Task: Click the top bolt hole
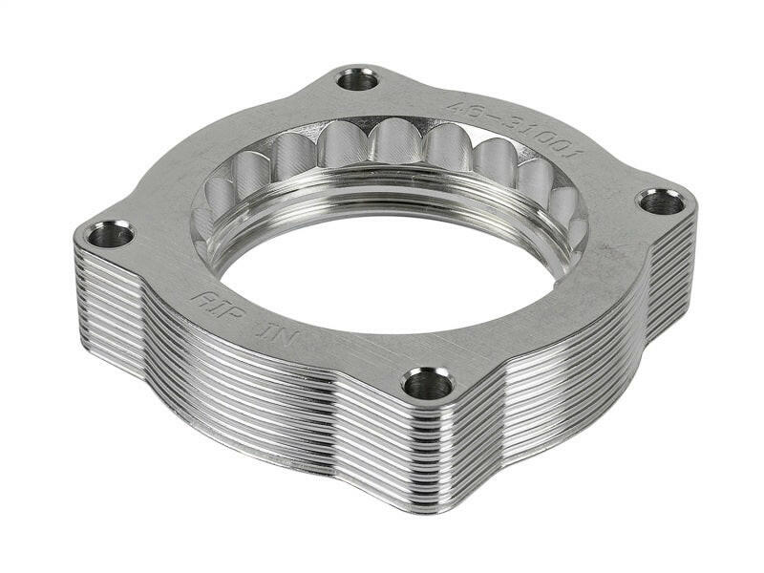[358, 79]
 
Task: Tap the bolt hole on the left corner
[112, 233]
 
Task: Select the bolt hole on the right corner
[661, 202]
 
